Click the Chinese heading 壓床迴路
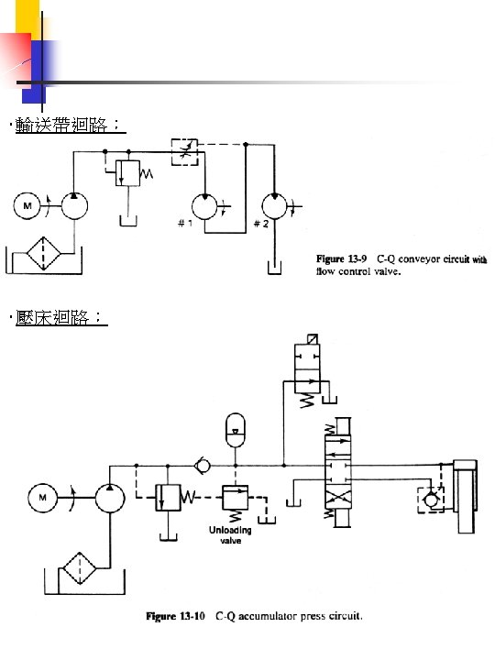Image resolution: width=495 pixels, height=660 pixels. point(57,318)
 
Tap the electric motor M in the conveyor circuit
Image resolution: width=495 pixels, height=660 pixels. point(27,207)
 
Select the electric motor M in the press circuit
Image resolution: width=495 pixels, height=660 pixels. point(42,499)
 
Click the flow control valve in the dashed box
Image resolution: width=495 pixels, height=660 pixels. point(182,151)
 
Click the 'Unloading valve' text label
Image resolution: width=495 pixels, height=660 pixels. point(230,535)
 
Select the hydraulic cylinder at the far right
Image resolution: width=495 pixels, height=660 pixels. point(467,495)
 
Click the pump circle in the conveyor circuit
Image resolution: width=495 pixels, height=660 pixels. point(74,207)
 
